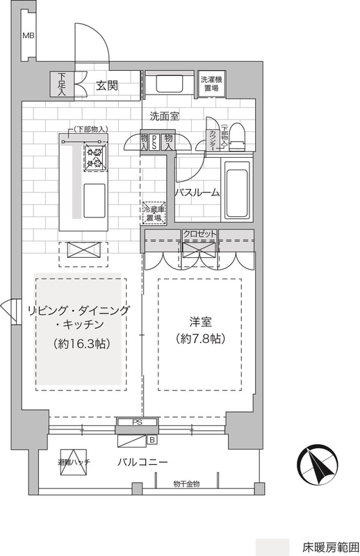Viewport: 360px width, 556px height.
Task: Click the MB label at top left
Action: coord(28,36)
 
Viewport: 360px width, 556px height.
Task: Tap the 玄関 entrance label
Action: coord(108,86)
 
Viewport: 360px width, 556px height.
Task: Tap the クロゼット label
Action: coord(200,235)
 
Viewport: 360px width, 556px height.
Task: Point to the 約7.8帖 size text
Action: coord(199,340)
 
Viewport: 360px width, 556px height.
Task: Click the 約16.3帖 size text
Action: coord(81,343)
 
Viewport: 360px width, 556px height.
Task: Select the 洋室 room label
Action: coord(199,322)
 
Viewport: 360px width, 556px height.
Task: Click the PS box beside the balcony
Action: coord(138,421)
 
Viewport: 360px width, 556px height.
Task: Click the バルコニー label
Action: coord(141,462)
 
